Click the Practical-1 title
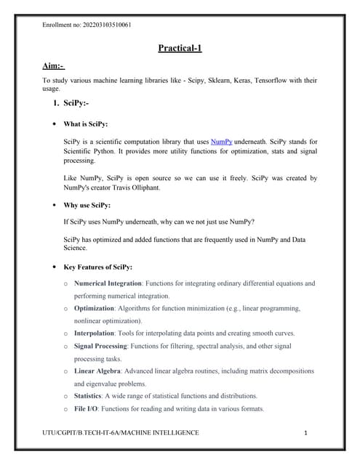[180, 49]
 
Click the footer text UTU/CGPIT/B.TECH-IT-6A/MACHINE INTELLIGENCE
[121, 432]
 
